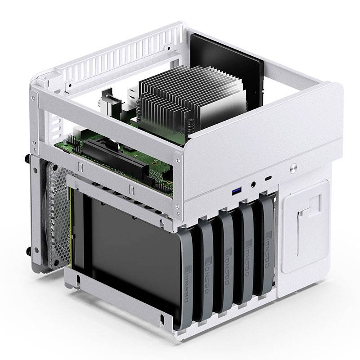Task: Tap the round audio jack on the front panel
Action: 254,184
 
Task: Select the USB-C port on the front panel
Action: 269,178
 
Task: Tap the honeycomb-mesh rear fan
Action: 56,216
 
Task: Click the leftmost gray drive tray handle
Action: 189,279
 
